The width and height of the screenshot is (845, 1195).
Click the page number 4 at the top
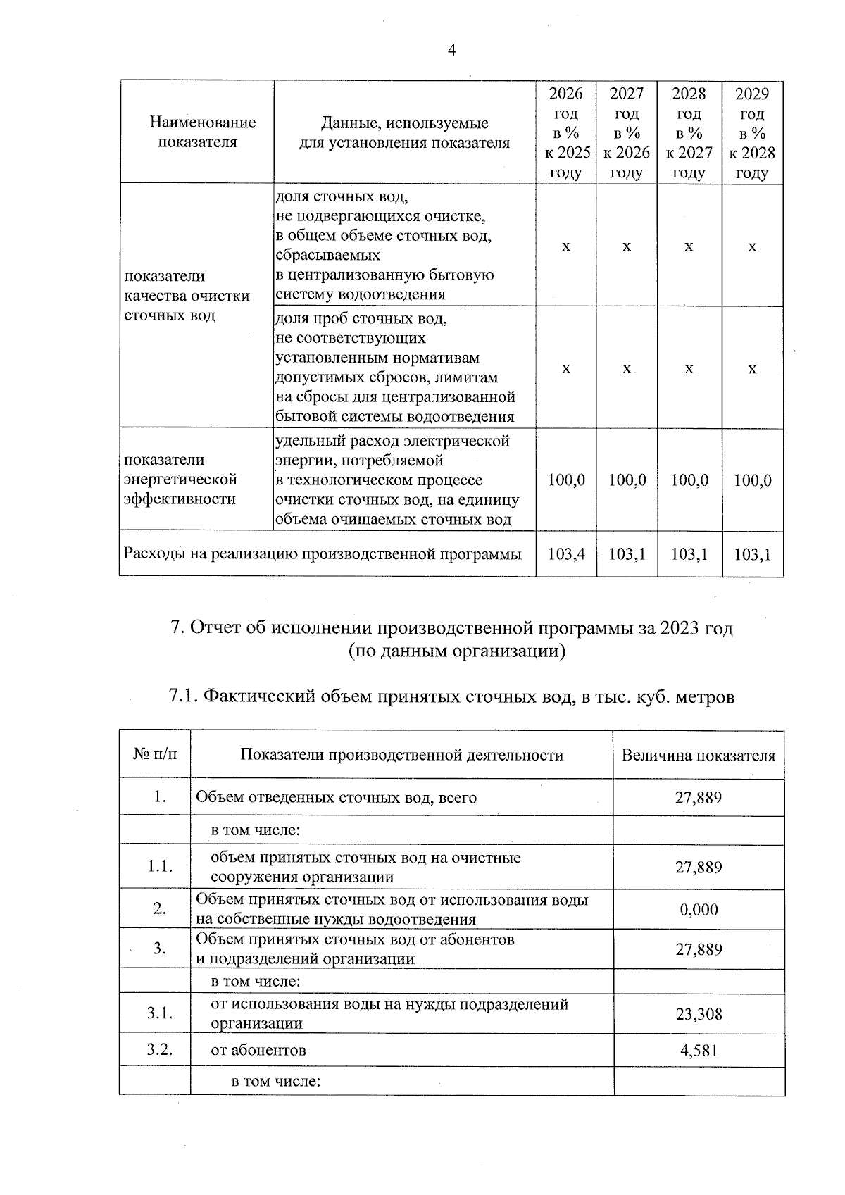coord(451,50)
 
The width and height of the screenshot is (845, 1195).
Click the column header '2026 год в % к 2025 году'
coord(566,133)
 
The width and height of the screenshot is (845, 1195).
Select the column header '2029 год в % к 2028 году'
coord(752,133)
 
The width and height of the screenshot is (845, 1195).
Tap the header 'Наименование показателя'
coord(203,132)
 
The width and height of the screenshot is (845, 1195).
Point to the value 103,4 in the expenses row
coord(566,554)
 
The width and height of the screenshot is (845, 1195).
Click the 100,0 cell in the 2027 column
coord(627,481)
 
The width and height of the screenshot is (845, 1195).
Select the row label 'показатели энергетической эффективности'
coord(181,480)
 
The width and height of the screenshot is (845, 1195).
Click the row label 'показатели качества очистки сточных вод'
coord(187,296)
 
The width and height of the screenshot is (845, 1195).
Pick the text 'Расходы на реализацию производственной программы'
coord(323,554)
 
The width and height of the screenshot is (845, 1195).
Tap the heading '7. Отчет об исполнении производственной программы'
coord(451,628)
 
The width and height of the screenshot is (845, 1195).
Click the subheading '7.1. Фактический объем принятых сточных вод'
coord(451,697)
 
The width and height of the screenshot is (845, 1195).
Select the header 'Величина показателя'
coord(698,756)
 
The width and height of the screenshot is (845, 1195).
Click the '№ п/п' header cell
coord(155,755)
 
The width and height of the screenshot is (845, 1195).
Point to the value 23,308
coord(699,1015)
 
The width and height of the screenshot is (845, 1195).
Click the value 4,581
coord(699,1051)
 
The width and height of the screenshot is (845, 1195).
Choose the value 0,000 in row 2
coord(699,910)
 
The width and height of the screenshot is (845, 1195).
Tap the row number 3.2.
coord(160,1050)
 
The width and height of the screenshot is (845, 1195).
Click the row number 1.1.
coord(160,867)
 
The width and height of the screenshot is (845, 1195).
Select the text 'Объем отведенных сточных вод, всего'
coord(336,798)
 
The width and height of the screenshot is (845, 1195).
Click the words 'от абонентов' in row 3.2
coord(258,1051)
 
